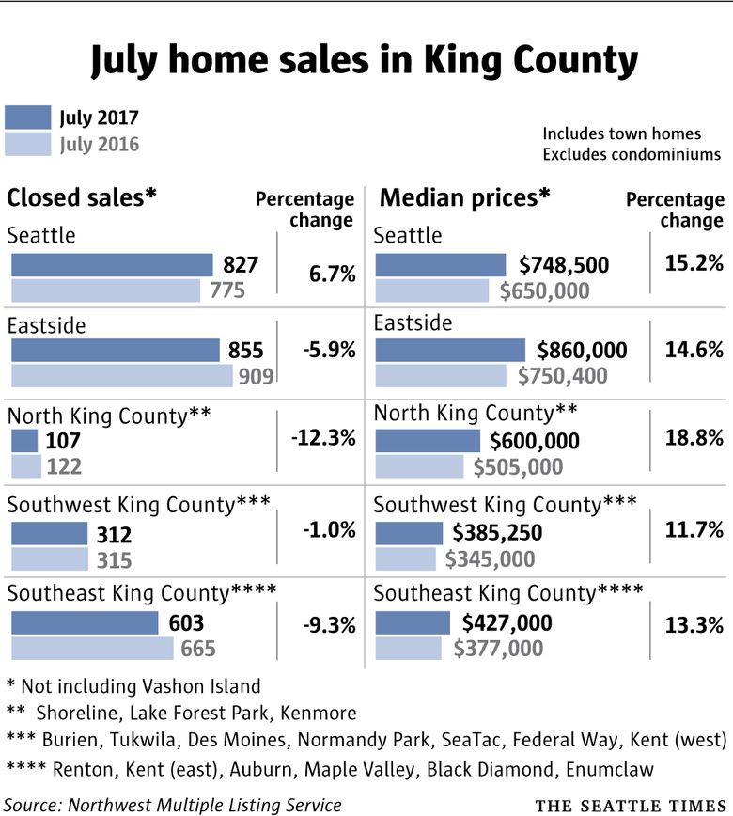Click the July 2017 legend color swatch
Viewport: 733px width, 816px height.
click(x=28, y=118)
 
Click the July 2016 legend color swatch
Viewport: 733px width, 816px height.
click(x=28, y=144)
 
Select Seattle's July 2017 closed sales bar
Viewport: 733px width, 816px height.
click(x=112, y=265)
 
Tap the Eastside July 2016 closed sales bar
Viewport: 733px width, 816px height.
click(x=121, y=376)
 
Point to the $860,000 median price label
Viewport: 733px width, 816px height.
click(x=582, y=351)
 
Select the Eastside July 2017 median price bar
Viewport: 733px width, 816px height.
click(x=451, y=351)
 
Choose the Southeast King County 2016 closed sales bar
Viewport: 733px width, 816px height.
click(x=92, y=648)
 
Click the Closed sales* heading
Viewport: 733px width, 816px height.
click(x=82, y=198)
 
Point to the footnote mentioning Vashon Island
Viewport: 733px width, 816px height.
click(x=133, y=685)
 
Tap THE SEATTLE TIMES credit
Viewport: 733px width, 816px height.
click(x=631, y=806)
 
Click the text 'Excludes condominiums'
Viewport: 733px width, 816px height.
click(x=632, y=153)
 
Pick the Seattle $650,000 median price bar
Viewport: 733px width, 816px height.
click(x=432, y=290)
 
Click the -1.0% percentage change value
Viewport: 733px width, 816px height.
click(x=329, y=529)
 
